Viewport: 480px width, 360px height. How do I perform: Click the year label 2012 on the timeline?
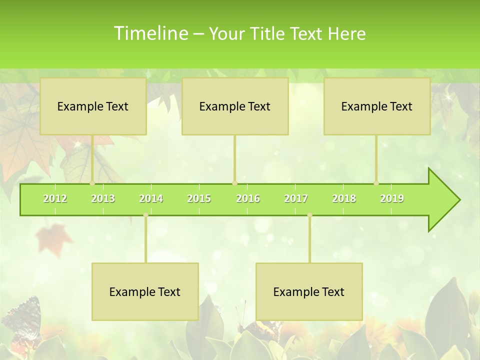tap(55, 198)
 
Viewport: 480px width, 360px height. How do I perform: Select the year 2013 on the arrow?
tap(103, 198)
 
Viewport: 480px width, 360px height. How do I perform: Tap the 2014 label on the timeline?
tap(151, 198)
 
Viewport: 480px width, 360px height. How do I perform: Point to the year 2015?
tap(199, 198)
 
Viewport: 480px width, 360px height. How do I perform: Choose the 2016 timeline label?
tap(248, 198)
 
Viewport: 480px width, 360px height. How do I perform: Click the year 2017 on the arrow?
tap(296, 198)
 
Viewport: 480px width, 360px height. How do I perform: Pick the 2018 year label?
tap(344, 198)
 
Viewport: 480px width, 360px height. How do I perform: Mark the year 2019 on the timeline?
tap(392, 198)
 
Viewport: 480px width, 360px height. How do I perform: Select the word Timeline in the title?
tap(150, 33)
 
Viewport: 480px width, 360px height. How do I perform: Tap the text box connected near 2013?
tap(93, 106)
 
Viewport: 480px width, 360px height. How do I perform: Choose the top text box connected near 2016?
tap(235, 106)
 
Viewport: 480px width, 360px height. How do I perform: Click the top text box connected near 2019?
tap(377, 106)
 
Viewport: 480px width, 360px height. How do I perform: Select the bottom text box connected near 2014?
tap(145, 291)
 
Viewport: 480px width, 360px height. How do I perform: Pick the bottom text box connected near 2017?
tap(309, 291)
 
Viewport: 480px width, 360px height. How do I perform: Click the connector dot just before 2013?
tap(92, 183)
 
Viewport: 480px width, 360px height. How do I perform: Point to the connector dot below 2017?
tap(309, 215)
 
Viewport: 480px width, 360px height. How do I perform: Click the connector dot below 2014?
tap(145, 215)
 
